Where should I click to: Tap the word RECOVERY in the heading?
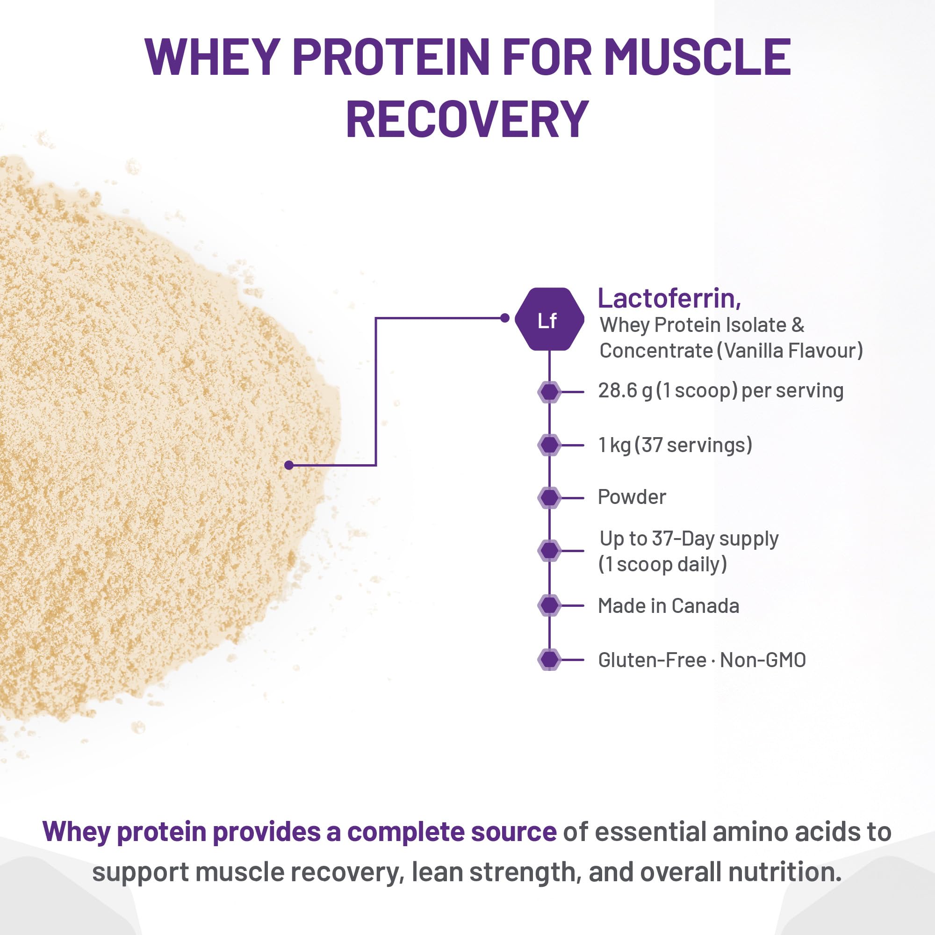pyautogui.click(x=467, y=119)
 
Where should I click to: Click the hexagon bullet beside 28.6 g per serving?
pyautogui.click(x=549, y=391)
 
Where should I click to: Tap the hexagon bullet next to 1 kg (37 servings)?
pyautogui.click(x=549, y=445)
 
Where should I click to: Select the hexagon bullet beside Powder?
pyautogui.click(x=549, y=497)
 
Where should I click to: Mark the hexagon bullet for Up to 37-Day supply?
pyautogui.click(x=549, y=550)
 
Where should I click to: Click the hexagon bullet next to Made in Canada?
pyautogui.click(x=549, y=605)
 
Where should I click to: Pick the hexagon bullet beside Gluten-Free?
pyautogui.click(x=549, y=659)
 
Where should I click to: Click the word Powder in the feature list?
pyautogui.click(x=632, y=497)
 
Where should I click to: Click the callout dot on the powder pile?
pyautogui.click(x=289, y=465)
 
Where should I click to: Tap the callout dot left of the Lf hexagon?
pyautogui.click(x=505, y=318)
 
